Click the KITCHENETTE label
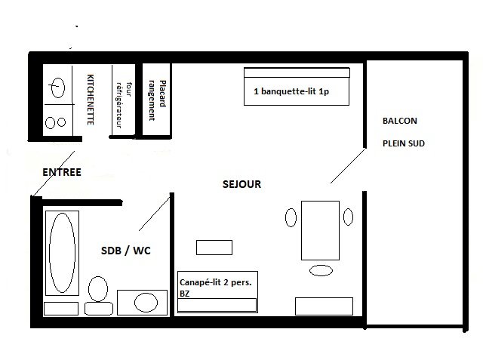click(x=91, y=100)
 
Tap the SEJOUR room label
click(x=241, y=184)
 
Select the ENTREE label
click(x=62, y=172)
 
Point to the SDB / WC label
click(x=126, y=251)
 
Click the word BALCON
click(x=400, y=121)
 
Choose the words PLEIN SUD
click(x=404, y=143)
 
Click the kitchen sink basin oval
click(x=58, y=88)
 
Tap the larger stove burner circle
click(x=51, y=123)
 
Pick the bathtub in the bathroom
click(x=63, y=253)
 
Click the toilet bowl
click(x=98, y=289)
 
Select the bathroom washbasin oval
click(x=146, y=303)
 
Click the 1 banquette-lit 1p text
click(x=291, y=91)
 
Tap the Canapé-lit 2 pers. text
click(x=215, y=282)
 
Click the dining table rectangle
click(x=320, y=230)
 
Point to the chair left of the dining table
click(x=291, y=217)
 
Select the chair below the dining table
click(x=321, y=270)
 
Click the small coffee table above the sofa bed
click(x=214, y=248)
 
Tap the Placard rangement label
click(x=157, y=100)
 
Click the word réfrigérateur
click(x=118, y=105)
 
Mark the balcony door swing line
click(x=347, y=166)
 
